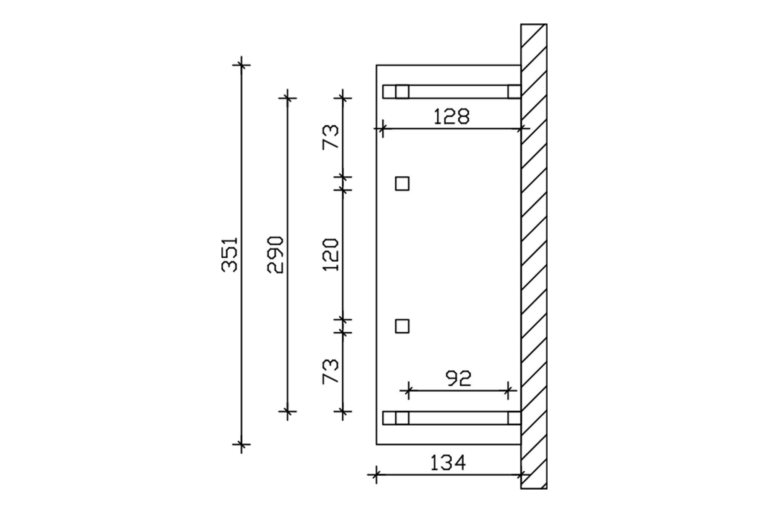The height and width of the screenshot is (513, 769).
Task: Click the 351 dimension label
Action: point(230,255)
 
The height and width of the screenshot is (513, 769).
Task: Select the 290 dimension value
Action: point(275,255)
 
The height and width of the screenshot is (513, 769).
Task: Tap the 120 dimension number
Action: point(331,255)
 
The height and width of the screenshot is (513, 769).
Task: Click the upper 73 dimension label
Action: point(331,137)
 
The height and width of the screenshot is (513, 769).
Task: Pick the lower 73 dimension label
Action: point(331,371)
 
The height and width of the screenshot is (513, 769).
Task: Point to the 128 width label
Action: point(451,116)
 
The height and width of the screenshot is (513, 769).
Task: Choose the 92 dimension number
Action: point(458,379)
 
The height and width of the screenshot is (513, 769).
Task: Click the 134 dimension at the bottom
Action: point(448,463)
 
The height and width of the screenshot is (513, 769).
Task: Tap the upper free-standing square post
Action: point(402,184)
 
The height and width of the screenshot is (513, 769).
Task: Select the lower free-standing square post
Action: point(402,326)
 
